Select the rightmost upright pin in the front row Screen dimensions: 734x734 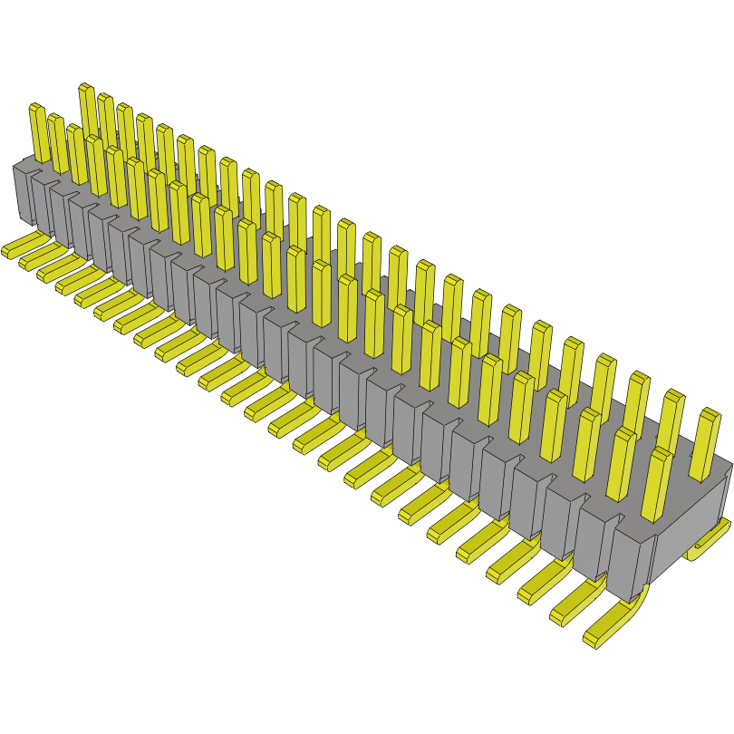pyautogui.click(x=660, y=485)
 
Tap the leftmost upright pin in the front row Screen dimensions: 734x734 pyautogui.click(x=39, y=132)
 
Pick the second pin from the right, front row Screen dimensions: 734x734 pyautogui.click(x=622, y=463)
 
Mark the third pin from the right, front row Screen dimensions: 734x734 pyautogui.click(x=585, y=444)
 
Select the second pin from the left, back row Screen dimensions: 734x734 pyautogui.click(x=107, y=118)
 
